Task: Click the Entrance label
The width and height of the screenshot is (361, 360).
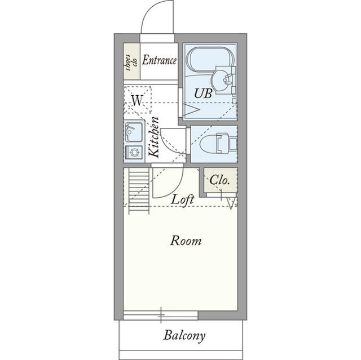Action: pos(159,60)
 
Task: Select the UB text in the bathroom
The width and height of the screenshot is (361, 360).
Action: pos(203,94)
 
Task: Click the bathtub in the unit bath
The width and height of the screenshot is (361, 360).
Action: pos(210,59)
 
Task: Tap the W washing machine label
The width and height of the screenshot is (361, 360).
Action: pos(137,100)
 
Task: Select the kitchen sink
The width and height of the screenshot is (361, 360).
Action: pos(134,132)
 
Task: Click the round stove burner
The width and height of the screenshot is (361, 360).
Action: pos(134,152)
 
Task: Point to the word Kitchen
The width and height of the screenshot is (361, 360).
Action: pos(153,137)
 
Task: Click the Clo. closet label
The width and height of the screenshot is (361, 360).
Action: pos(219,180)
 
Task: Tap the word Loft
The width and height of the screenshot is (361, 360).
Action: pos(183,199)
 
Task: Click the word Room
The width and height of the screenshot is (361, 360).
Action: pos(186,241)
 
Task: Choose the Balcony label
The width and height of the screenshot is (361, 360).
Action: pos(184,335)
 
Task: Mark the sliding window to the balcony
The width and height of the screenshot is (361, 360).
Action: pos(161,315)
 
